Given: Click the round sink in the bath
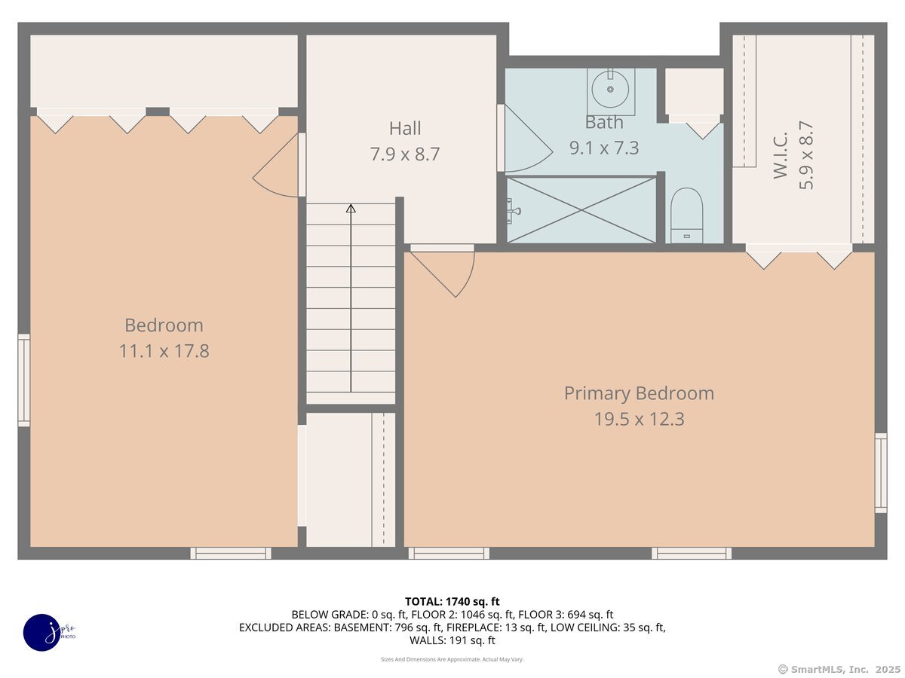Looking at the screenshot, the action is [610, 89].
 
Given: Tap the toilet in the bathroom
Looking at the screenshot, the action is [686, 215].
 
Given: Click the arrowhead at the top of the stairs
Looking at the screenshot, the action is [351, 209].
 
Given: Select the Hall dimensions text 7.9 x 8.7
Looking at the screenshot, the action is [405, 154].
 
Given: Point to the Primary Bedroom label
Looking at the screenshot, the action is [639, 393].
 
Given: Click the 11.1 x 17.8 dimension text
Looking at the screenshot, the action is [164, 351].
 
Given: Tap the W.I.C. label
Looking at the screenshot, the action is [781, 155].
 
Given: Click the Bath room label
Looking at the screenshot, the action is [604, 122].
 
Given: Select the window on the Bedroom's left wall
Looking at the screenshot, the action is [24, 380].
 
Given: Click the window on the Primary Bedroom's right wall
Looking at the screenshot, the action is [881, 473].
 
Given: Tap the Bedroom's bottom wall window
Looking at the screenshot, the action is [231, 553].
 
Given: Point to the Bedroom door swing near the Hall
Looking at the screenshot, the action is [275, 165].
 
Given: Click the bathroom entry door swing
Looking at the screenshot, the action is [529, 139].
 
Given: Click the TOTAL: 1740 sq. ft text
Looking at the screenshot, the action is [452, 602].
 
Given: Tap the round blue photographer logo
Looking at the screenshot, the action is [42, 633].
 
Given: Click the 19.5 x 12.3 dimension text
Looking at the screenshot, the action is [639, 420].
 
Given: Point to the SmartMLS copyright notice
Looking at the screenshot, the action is [840, 669].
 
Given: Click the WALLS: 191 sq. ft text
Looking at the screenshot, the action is [452, 640].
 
